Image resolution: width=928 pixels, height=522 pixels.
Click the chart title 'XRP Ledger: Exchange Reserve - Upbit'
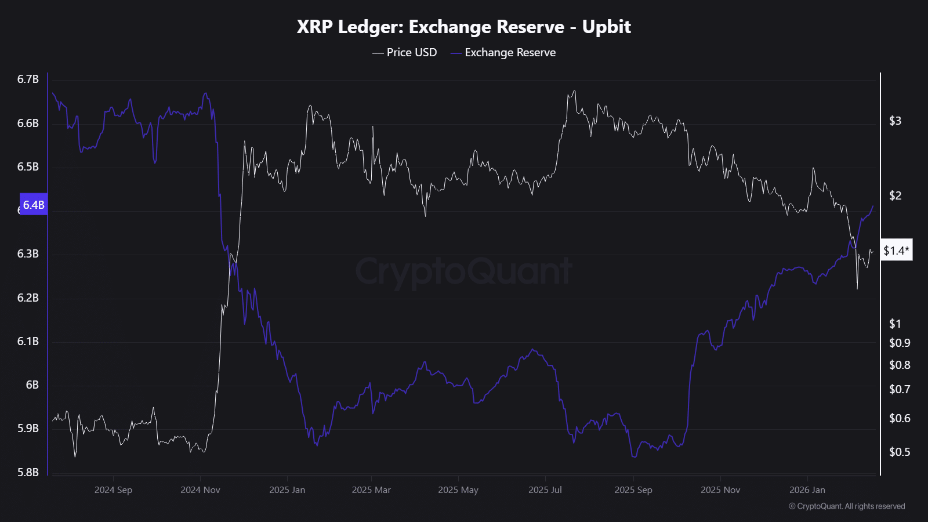pos(463,27)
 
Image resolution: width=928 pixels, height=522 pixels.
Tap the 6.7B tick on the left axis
pos(28,79)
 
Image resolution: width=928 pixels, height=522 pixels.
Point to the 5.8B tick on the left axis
pos(28,472)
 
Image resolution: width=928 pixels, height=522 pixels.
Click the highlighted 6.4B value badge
pos(34,205)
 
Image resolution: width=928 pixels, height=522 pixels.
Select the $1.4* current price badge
pos(896,250)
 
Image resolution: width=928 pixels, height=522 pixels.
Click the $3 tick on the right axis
pos(895,121)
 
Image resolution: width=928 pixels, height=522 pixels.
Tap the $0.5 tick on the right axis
pos(899,452)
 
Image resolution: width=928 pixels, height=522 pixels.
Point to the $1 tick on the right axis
pos(895,324)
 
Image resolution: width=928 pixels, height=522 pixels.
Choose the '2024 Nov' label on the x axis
pos(200,490)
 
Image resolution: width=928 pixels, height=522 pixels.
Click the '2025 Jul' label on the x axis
pos(545,490)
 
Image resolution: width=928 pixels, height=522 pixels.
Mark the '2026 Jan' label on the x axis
pos(807,490)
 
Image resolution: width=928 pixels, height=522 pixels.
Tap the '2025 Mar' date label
pos(371,490)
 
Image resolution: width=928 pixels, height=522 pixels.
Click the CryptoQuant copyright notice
pos(847,506)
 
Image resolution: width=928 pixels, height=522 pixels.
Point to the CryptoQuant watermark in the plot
pos(463,271)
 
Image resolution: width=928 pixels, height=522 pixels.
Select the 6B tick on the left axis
pos(32,385)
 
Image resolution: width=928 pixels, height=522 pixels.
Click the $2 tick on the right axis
pos(895,195)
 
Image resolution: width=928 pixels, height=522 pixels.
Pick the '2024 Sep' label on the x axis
pos(113,490)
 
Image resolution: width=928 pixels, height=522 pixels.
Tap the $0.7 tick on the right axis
pos(899,389)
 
